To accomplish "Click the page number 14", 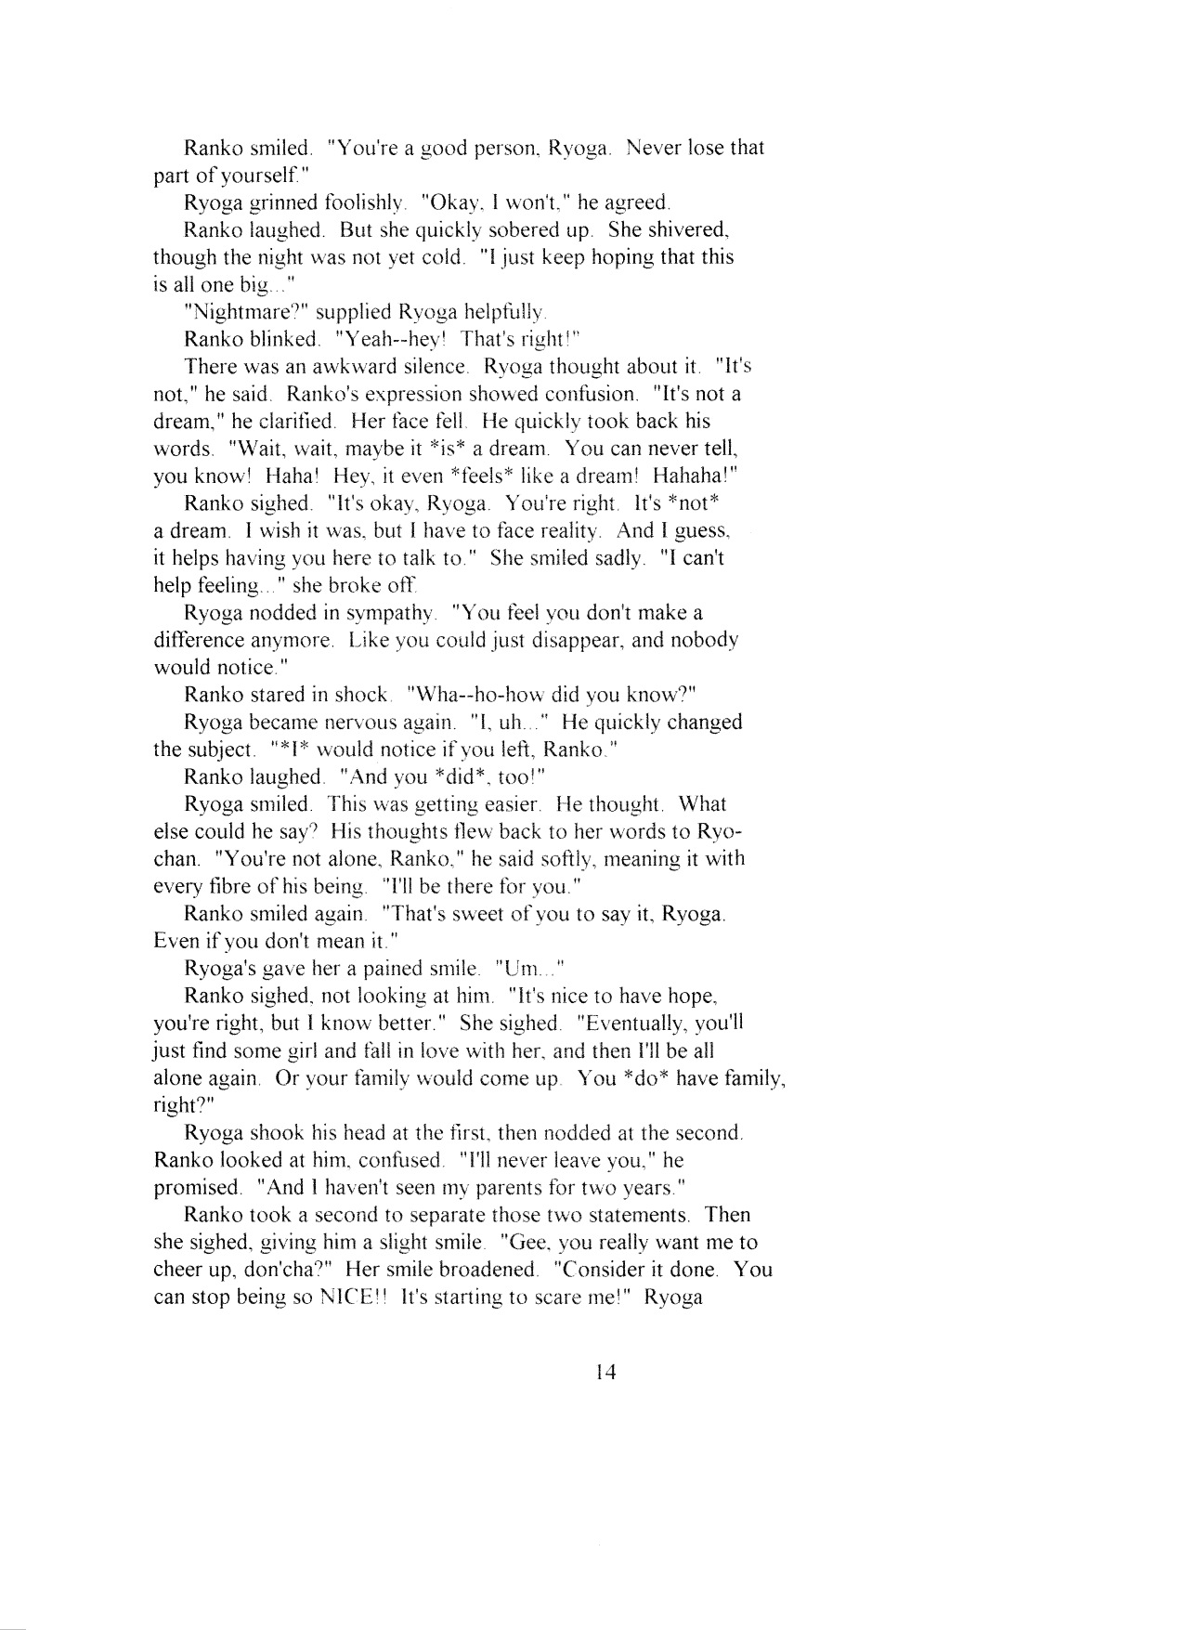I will click(607, 1372).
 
